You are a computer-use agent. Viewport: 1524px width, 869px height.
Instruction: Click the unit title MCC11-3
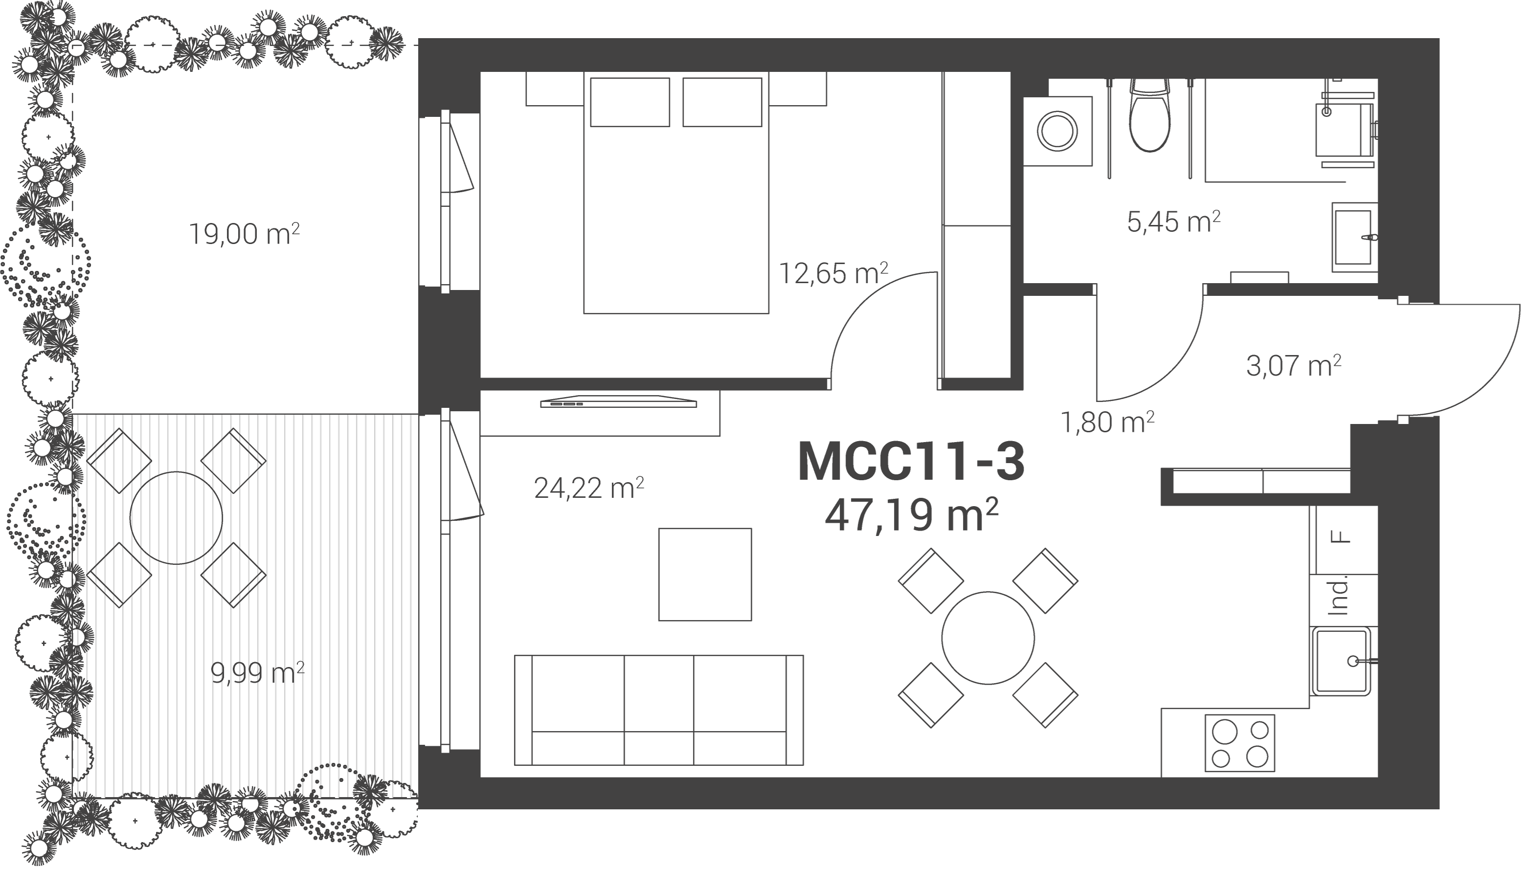[x=911, y=461]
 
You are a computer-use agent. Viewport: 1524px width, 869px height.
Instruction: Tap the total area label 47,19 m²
[x=912, y=515]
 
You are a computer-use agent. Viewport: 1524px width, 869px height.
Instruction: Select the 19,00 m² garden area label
[x=244, y=233]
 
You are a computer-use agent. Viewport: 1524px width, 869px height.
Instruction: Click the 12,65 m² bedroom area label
[x=834, y=273]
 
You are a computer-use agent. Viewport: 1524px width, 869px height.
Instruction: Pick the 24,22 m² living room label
[x=588, y=488]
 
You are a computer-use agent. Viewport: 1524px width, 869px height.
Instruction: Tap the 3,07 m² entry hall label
[x=1294, y=365]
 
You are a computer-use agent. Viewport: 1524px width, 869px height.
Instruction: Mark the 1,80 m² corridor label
[x=1108, y=422]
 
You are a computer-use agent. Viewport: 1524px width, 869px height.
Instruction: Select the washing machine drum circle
[x=1057, y=131]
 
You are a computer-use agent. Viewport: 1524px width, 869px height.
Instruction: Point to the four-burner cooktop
[x=1240, y=742]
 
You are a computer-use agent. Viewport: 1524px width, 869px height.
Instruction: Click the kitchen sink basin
[x=1341, y=661]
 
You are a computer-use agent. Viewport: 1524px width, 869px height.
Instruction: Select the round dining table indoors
[x=988, y=637]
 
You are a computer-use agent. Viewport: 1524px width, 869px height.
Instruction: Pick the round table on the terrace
[x=176, y=517]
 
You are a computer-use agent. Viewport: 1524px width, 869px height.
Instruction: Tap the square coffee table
[x=705, y=574]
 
